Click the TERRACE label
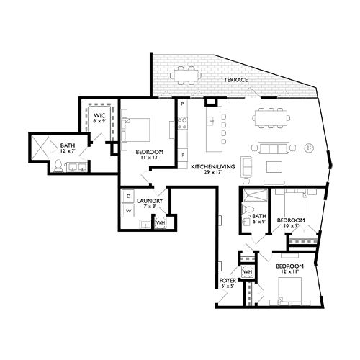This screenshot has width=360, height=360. coord(235,80)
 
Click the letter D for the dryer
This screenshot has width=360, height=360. coord(127,195)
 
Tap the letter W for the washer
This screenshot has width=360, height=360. coord(127,211)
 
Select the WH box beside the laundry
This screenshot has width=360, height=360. coord(160,222)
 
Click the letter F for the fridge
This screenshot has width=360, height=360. coord(184,155)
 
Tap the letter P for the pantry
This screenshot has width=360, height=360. coord(184,104)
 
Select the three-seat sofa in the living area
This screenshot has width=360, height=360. coord(275,149)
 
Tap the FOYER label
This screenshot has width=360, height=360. coord(228,280)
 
